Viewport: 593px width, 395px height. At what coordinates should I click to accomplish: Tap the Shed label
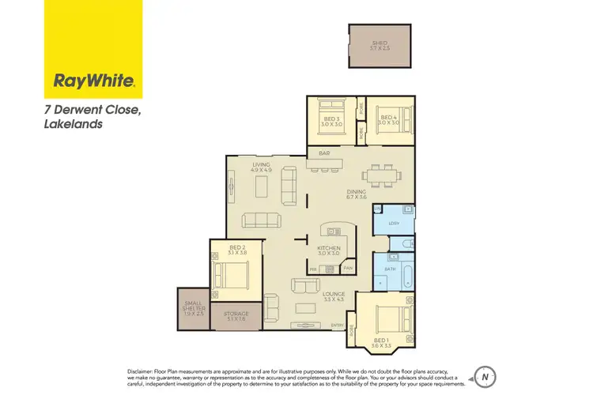point(380,45)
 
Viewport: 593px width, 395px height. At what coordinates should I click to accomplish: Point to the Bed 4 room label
point(388,121)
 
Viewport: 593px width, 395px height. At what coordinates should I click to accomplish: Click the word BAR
point(323,152)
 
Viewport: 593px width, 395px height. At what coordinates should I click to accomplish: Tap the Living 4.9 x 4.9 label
point(262,167)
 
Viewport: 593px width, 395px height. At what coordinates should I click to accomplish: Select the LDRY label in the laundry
point(394,224)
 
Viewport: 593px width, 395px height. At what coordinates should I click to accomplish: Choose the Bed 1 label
point(384,342)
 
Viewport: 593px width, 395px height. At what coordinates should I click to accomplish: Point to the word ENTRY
point(338,325)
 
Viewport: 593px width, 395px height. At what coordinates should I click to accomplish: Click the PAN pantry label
point(348,269)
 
